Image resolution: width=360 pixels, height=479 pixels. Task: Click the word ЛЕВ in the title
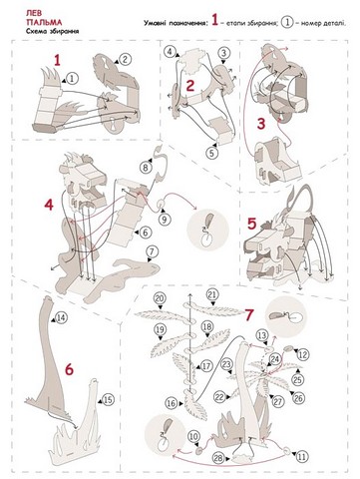coord(32,13)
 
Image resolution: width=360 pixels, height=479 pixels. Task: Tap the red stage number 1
coord(58,61)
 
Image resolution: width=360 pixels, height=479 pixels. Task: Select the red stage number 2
coord(189,86)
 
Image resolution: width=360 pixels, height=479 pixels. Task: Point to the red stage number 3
coord(261,124)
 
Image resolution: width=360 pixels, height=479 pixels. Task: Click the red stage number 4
coord(49,205)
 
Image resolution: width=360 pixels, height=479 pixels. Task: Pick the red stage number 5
coord(252,224)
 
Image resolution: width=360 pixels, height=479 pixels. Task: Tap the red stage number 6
coord(69,369)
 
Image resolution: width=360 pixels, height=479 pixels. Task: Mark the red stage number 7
coord(249,314)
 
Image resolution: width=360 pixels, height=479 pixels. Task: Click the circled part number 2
coord(125,60)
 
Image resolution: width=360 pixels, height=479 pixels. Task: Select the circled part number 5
coord(211,153)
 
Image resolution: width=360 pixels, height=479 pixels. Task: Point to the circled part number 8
coord(146,168)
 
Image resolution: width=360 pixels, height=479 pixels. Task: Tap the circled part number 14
coord(61,318)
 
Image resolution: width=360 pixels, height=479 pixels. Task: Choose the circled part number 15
coord(108,399)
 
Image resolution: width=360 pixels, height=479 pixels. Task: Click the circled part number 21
coord(212,294)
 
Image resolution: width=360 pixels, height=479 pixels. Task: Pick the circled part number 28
coord(218,458)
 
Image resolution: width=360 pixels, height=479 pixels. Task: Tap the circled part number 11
coord(301,457)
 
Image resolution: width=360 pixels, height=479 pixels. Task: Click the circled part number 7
coord(152,250)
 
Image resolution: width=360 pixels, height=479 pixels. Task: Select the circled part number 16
coord(172,403)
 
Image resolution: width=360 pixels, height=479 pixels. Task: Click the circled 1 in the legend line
coord(287,23)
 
